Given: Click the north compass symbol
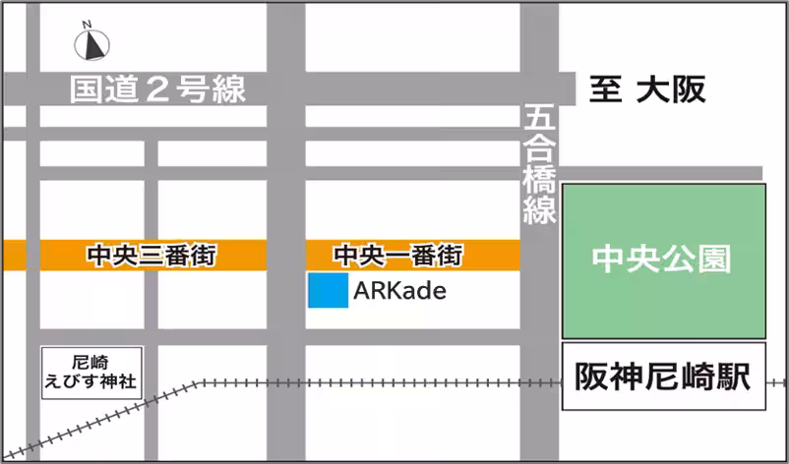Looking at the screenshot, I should point(94,43).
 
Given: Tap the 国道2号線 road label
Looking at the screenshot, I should point(157,89).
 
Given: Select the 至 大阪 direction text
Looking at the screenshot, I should point(646,90).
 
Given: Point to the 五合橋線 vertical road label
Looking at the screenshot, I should point(539,164).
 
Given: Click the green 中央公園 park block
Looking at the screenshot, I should point(663,261).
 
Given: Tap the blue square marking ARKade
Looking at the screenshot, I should point(327,291).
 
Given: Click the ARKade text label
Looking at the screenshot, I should point(399,291).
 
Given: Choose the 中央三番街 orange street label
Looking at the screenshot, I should point(152,256).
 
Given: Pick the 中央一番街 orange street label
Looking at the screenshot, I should point(397,256).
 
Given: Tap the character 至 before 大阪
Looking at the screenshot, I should point(604,90).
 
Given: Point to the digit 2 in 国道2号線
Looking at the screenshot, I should point(156,89).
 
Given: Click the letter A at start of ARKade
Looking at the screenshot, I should point(361,291).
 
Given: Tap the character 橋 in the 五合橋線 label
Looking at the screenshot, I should point(539,179).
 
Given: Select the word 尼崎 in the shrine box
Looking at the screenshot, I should point(91,362).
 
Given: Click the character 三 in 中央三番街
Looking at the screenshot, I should point(152,256).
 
